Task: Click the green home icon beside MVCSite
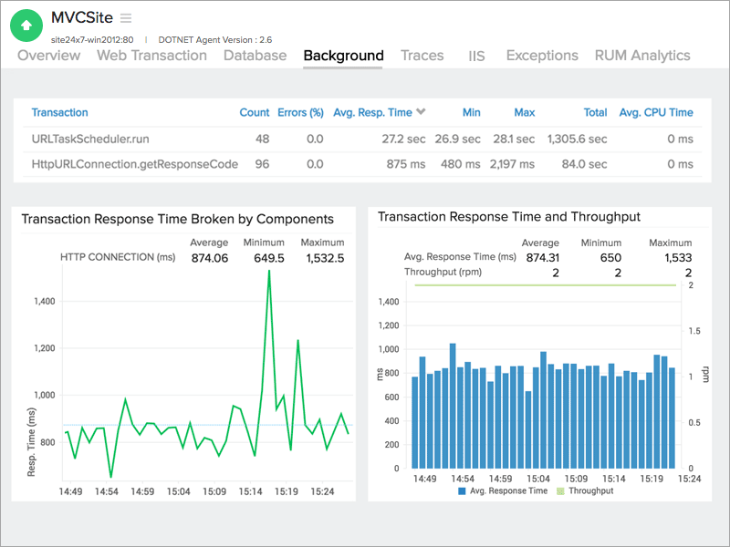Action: click(26, 26)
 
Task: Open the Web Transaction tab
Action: click(152, 56)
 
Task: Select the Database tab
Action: click(255, 56)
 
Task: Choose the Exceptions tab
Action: click(542, 56)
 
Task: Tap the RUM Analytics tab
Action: click(642, 56)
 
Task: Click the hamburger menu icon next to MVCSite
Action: click(126, 18)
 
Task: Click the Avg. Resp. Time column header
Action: click(372, 113)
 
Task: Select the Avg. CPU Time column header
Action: click(656, 113)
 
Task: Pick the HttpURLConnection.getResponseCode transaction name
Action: click(135, 165)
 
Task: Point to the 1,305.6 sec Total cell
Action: click(577, 139)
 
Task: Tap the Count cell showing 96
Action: click(261, 165)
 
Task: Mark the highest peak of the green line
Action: click(269, 271)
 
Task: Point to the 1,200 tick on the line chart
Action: click(43, 348)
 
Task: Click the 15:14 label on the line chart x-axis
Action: click(251, 491)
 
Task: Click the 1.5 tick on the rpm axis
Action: click(695, 331)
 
